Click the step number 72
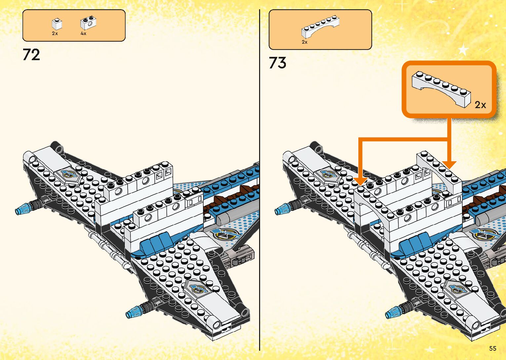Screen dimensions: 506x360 [x=31, y=55]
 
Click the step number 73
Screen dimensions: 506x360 [x=277, y=63]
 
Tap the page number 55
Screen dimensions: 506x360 [x=492, y=348]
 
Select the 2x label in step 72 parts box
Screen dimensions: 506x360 [x=55, y=33]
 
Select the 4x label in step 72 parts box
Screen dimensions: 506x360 [x=83, y=33]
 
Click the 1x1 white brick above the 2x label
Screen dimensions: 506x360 [x=57, y=24]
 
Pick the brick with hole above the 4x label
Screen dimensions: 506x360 [x=88, y=22]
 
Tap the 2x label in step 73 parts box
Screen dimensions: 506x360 [x=304, y=42]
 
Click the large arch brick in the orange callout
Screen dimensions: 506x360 [x=441, y=88]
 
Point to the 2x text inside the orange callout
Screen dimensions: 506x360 [x=480, y=105]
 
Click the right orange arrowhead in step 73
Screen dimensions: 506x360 [x=449, y=164]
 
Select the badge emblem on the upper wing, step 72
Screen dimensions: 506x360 [x=70, y=175]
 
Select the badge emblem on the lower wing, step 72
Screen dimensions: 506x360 [x=198, y=288]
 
